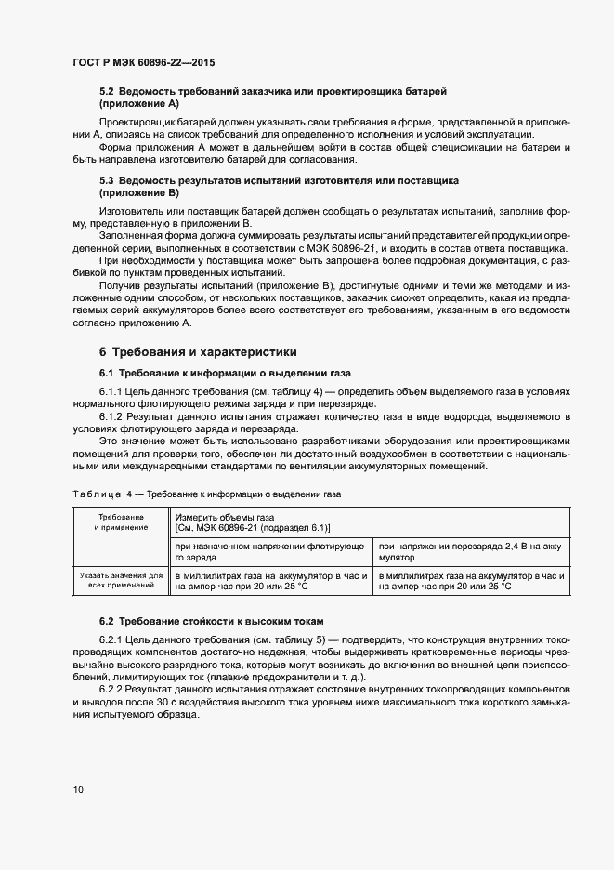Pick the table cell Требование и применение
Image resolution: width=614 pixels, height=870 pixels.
(120, 521)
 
